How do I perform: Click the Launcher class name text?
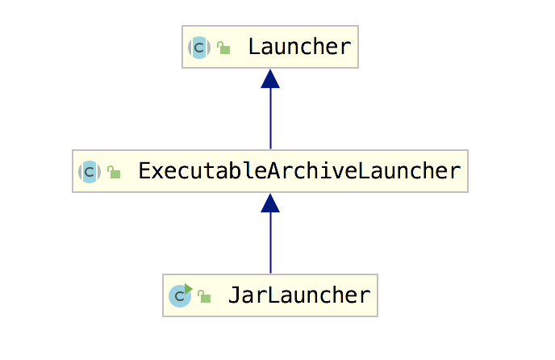(299, 47)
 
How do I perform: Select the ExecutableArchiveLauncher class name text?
(299, 171)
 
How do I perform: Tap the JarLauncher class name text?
(299, 295)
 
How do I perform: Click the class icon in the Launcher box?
(199, 48)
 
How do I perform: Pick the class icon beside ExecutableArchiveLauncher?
(89, 172)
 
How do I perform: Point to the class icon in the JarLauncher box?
(179, 296)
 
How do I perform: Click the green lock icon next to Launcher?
(224, 48)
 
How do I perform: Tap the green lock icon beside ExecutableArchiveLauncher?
(114, 173)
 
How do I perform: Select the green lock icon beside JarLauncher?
(204, 297)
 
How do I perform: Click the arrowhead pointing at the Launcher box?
(270, 78)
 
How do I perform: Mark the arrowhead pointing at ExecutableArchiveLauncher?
(270, 203)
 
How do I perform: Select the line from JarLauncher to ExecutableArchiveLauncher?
(270, 243)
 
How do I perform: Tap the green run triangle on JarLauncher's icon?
(188, 288)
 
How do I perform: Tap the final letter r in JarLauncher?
(364, 295)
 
